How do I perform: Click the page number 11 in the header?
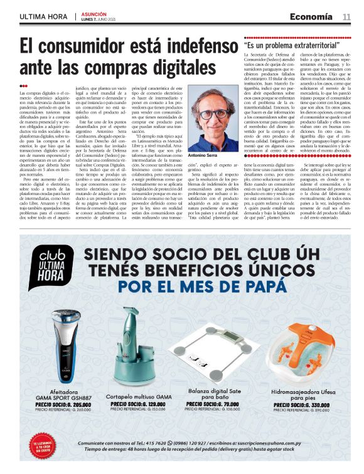346,17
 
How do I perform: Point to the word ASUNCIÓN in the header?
94,13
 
